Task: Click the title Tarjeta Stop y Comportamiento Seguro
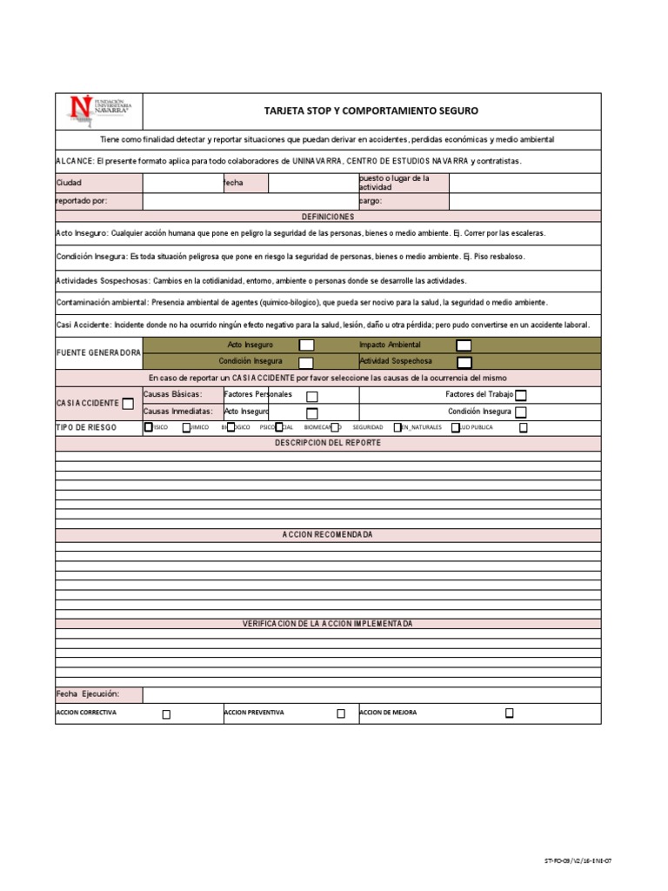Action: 371,111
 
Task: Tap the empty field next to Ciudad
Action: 182,183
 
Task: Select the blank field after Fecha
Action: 313,183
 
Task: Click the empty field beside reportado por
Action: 250,201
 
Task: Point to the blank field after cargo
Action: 525,201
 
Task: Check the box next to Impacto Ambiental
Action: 464,345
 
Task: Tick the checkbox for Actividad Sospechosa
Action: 464,362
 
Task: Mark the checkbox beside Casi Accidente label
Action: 128,403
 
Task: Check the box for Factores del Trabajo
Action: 520,395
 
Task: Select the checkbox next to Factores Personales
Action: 312,396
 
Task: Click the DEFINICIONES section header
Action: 328,216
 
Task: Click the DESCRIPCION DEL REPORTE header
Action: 328,443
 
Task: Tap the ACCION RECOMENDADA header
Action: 328,534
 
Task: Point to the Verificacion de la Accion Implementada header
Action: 328,624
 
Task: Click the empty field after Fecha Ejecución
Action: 371,694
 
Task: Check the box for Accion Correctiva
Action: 166,713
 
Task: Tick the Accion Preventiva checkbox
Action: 341,713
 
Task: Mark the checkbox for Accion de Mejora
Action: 510,713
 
